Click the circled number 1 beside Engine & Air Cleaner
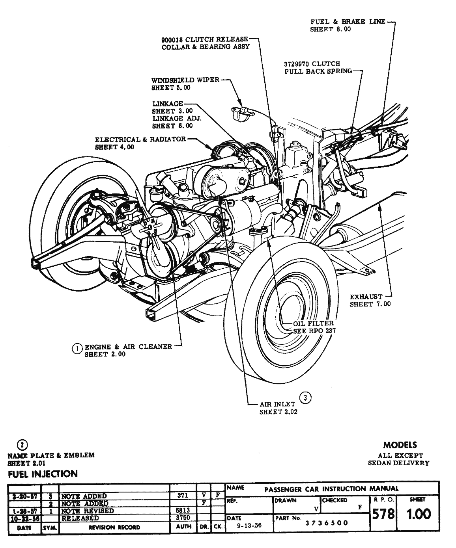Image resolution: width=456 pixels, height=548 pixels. click(77, 348)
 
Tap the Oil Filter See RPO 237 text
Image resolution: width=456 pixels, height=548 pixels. click(314, 327)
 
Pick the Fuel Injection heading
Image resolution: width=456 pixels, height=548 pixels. click(43, 474)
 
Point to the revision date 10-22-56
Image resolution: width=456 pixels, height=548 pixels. click(24, 518)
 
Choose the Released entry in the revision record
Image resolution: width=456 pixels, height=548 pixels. click(80, 518)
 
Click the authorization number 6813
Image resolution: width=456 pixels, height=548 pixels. click(183, 511)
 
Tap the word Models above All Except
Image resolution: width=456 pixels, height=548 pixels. click(400, 445)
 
